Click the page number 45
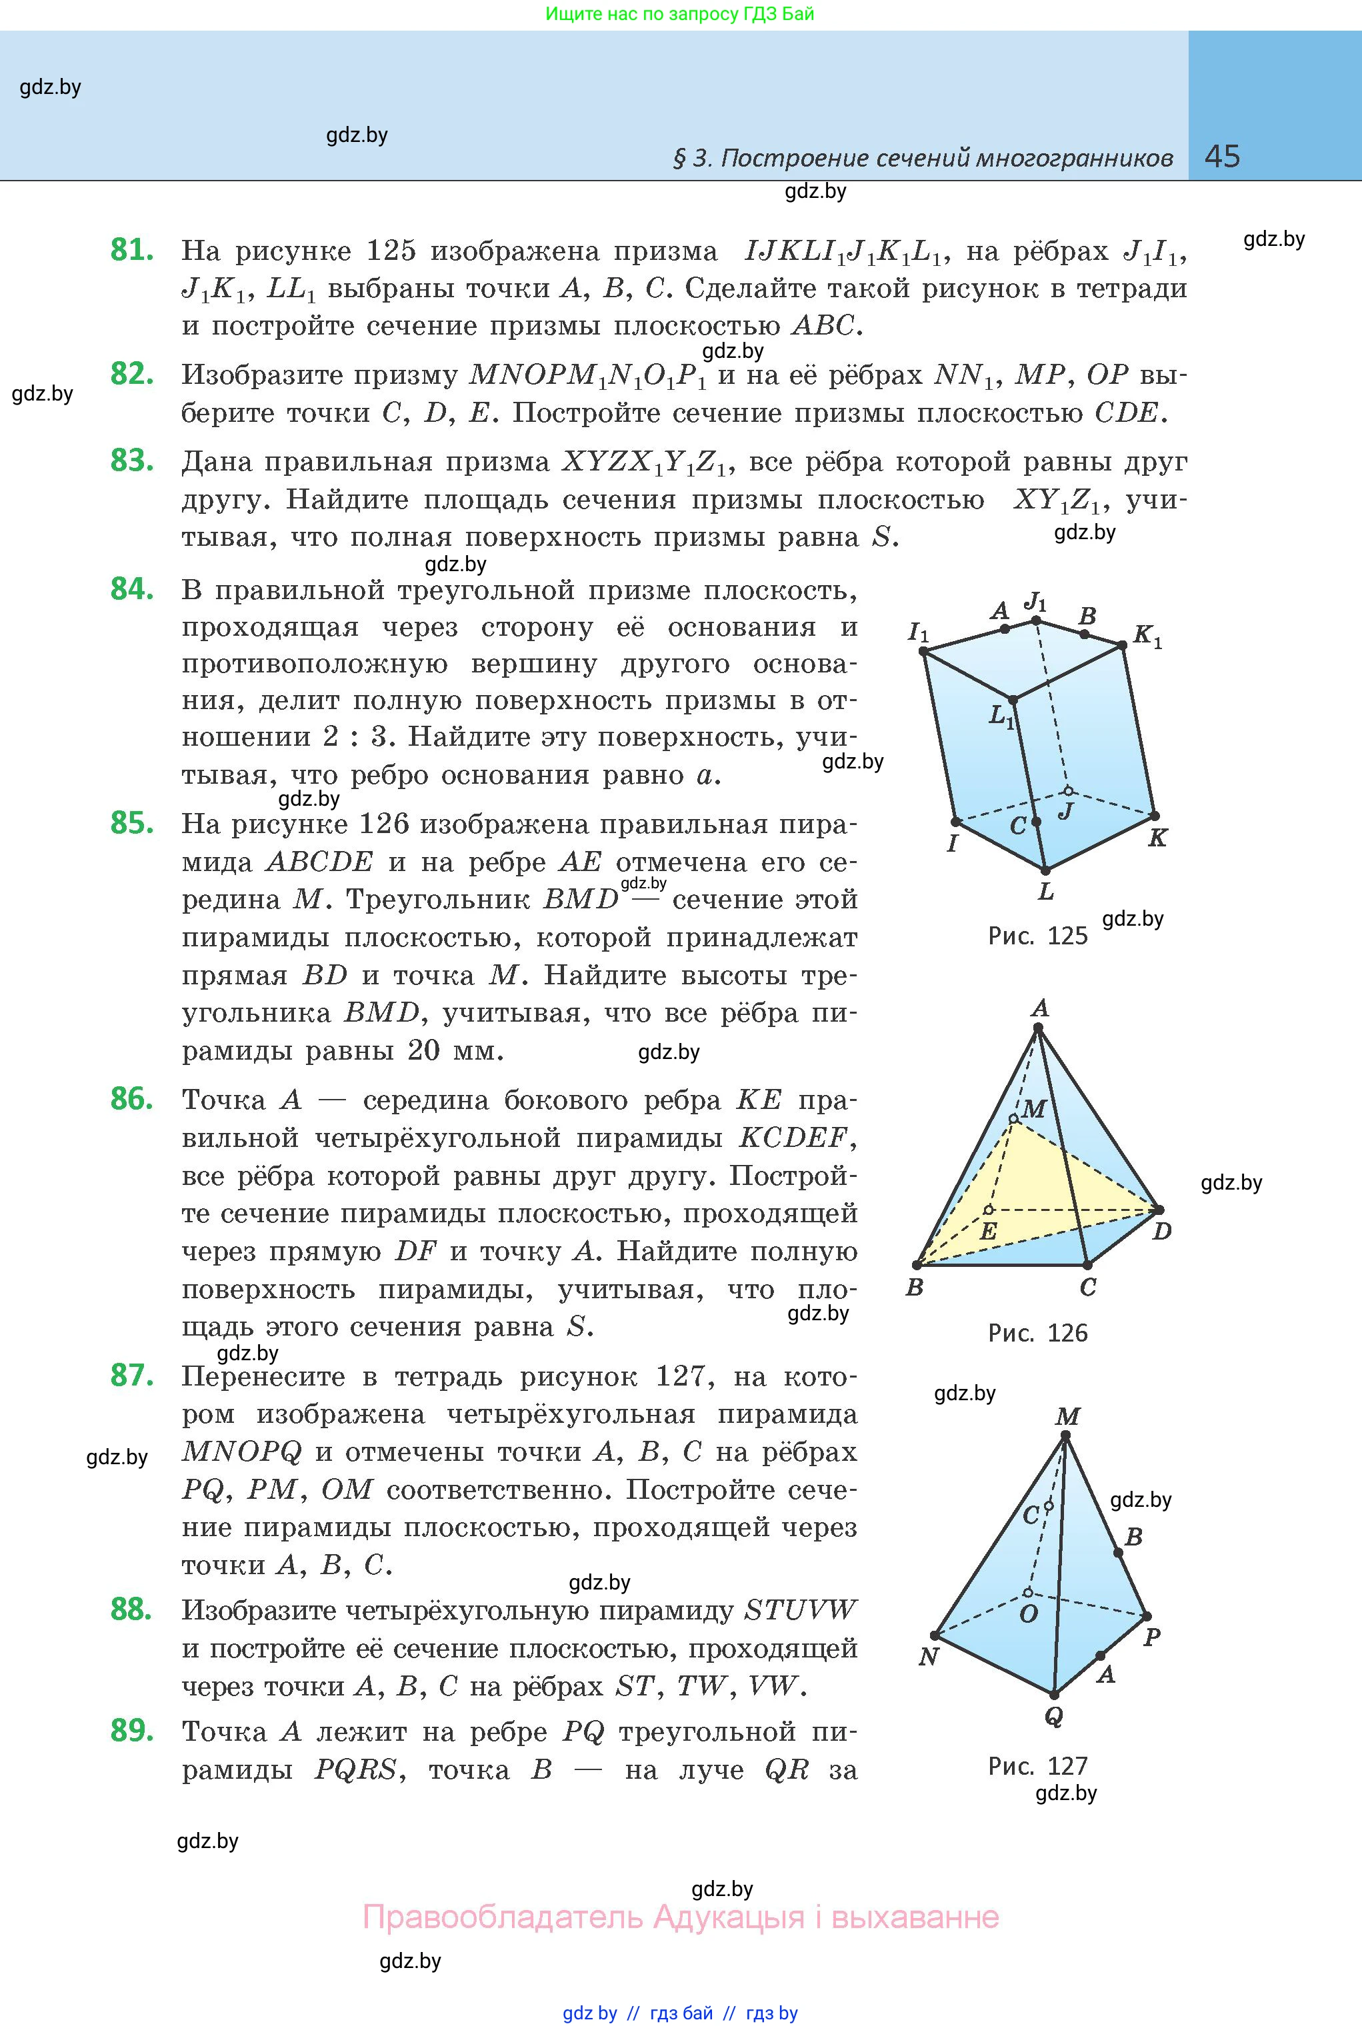(1222, 157)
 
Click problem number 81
(132, 250)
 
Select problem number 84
(132, 590)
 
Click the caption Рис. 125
(1037, 936)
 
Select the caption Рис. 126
(1037, 1334)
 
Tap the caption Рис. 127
(1037, 1766)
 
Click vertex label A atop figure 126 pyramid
(1040, 1009)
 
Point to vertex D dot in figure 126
(1159, 1210)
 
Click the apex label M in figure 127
(1067, 1417)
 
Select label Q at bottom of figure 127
(1053, 1717)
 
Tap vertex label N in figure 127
(928, 1657)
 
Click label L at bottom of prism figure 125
(1046, 892)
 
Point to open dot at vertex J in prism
(1069, 791)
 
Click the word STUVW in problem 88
(800, 1611)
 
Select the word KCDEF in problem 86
(792, 1138)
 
